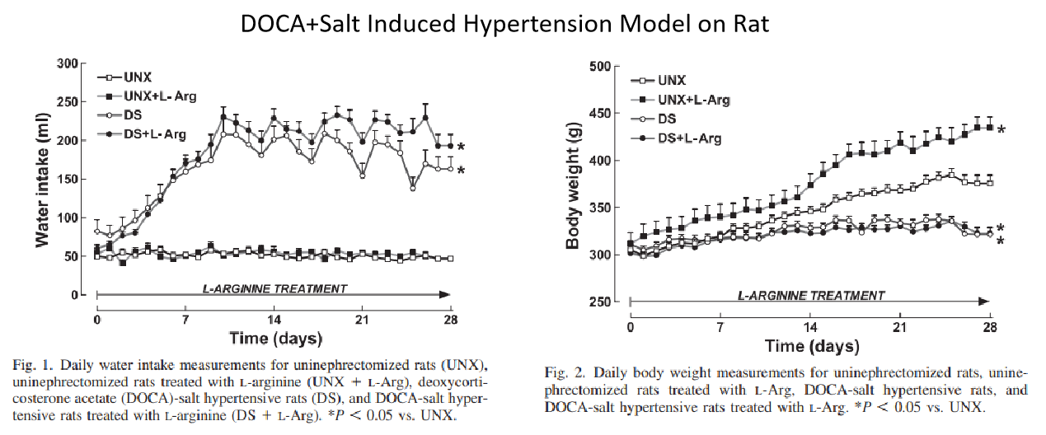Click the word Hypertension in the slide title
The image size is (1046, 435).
click(537, 24)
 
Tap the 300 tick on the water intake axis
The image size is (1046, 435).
click(68, 63)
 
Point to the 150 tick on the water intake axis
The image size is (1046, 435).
click(68, 180)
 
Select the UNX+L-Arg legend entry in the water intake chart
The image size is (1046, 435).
click(147, 96)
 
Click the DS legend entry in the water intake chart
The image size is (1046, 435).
click(119, 115)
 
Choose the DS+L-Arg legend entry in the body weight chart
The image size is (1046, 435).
click(676, 138)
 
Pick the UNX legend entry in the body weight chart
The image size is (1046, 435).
click(658, 81)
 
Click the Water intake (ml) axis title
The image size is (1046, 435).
click(42, 180)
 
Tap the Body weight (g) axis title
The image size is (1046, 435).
click(573, 185)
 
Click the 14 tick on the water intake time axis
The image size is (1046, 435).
click(274, 320)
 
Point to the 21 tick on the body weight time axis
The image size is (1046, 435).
click(899, 328)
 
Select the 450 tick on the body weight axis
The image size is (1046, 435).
click(600, 114)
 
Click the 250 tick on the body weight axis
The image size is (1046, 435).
click(600, 302)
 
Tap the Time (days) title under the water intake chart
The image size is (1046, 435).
click(275, 339)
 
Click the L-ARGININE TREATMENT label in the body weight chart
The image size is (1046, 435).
click(811, 296)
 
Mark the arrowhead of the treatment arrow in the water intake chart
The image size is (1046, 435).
click(445, 295)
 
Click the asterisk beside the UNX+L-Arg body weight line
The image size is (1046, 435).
click(1001, 129)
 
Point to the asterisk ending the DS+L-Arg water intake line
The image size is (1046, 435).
click(461, 147)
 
